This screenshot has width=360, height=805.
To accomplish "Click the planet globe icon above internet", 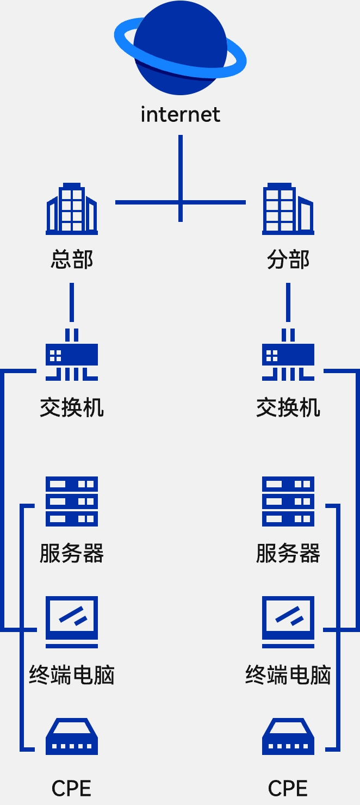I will pos(180,48).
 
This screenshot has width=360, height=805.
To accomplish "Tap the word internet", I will pos(180,115).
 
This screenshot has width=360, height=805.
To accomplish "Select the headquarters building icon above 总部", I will pos(72,209).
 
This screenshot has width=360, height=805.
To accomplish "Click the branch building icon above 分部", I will pos(288,209).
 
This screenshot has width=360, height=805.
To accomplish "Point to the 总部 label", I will pos(72,259).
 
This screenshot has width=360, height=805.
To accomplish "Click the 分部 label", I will pos(288,259).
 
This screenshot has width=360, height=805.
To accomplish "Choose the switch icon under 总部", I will pos(72,355).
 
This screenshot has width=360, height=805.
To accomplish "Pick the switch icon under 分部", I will pos(288,355).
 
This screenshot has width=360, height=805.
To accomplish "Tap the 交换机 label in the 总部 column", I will pos(72,407).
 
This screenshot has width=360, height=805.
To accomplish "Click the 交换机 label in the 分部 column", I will pos(288,407).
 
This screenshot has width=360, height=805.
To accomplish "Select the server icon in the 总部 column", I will pos(72,501).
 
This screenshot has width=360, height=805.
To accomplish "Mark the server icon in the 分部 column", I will pos(288,501).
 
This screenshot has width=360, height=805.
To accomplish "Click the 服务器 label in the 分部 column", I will pos(288,553).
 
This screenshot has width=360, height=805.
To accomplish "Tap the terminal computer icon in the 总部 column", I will pos(72,622).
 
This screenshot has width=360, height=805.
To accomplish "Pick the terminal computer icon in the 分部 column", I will pos(288,622).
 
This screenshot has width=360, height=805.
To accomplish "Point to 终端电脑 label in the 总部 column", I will pos(72,675).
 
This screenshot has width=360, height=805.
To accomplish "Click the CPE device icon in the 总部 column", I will pos(72,738).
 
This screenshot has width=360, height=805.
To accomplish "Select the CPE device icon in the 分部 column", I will pos(288,738).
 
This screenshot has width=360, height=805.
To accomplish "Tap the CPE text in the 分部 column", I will pos(288,788).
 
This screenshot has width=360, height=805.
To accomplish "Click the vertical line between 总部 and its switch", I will pos(72,302).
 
